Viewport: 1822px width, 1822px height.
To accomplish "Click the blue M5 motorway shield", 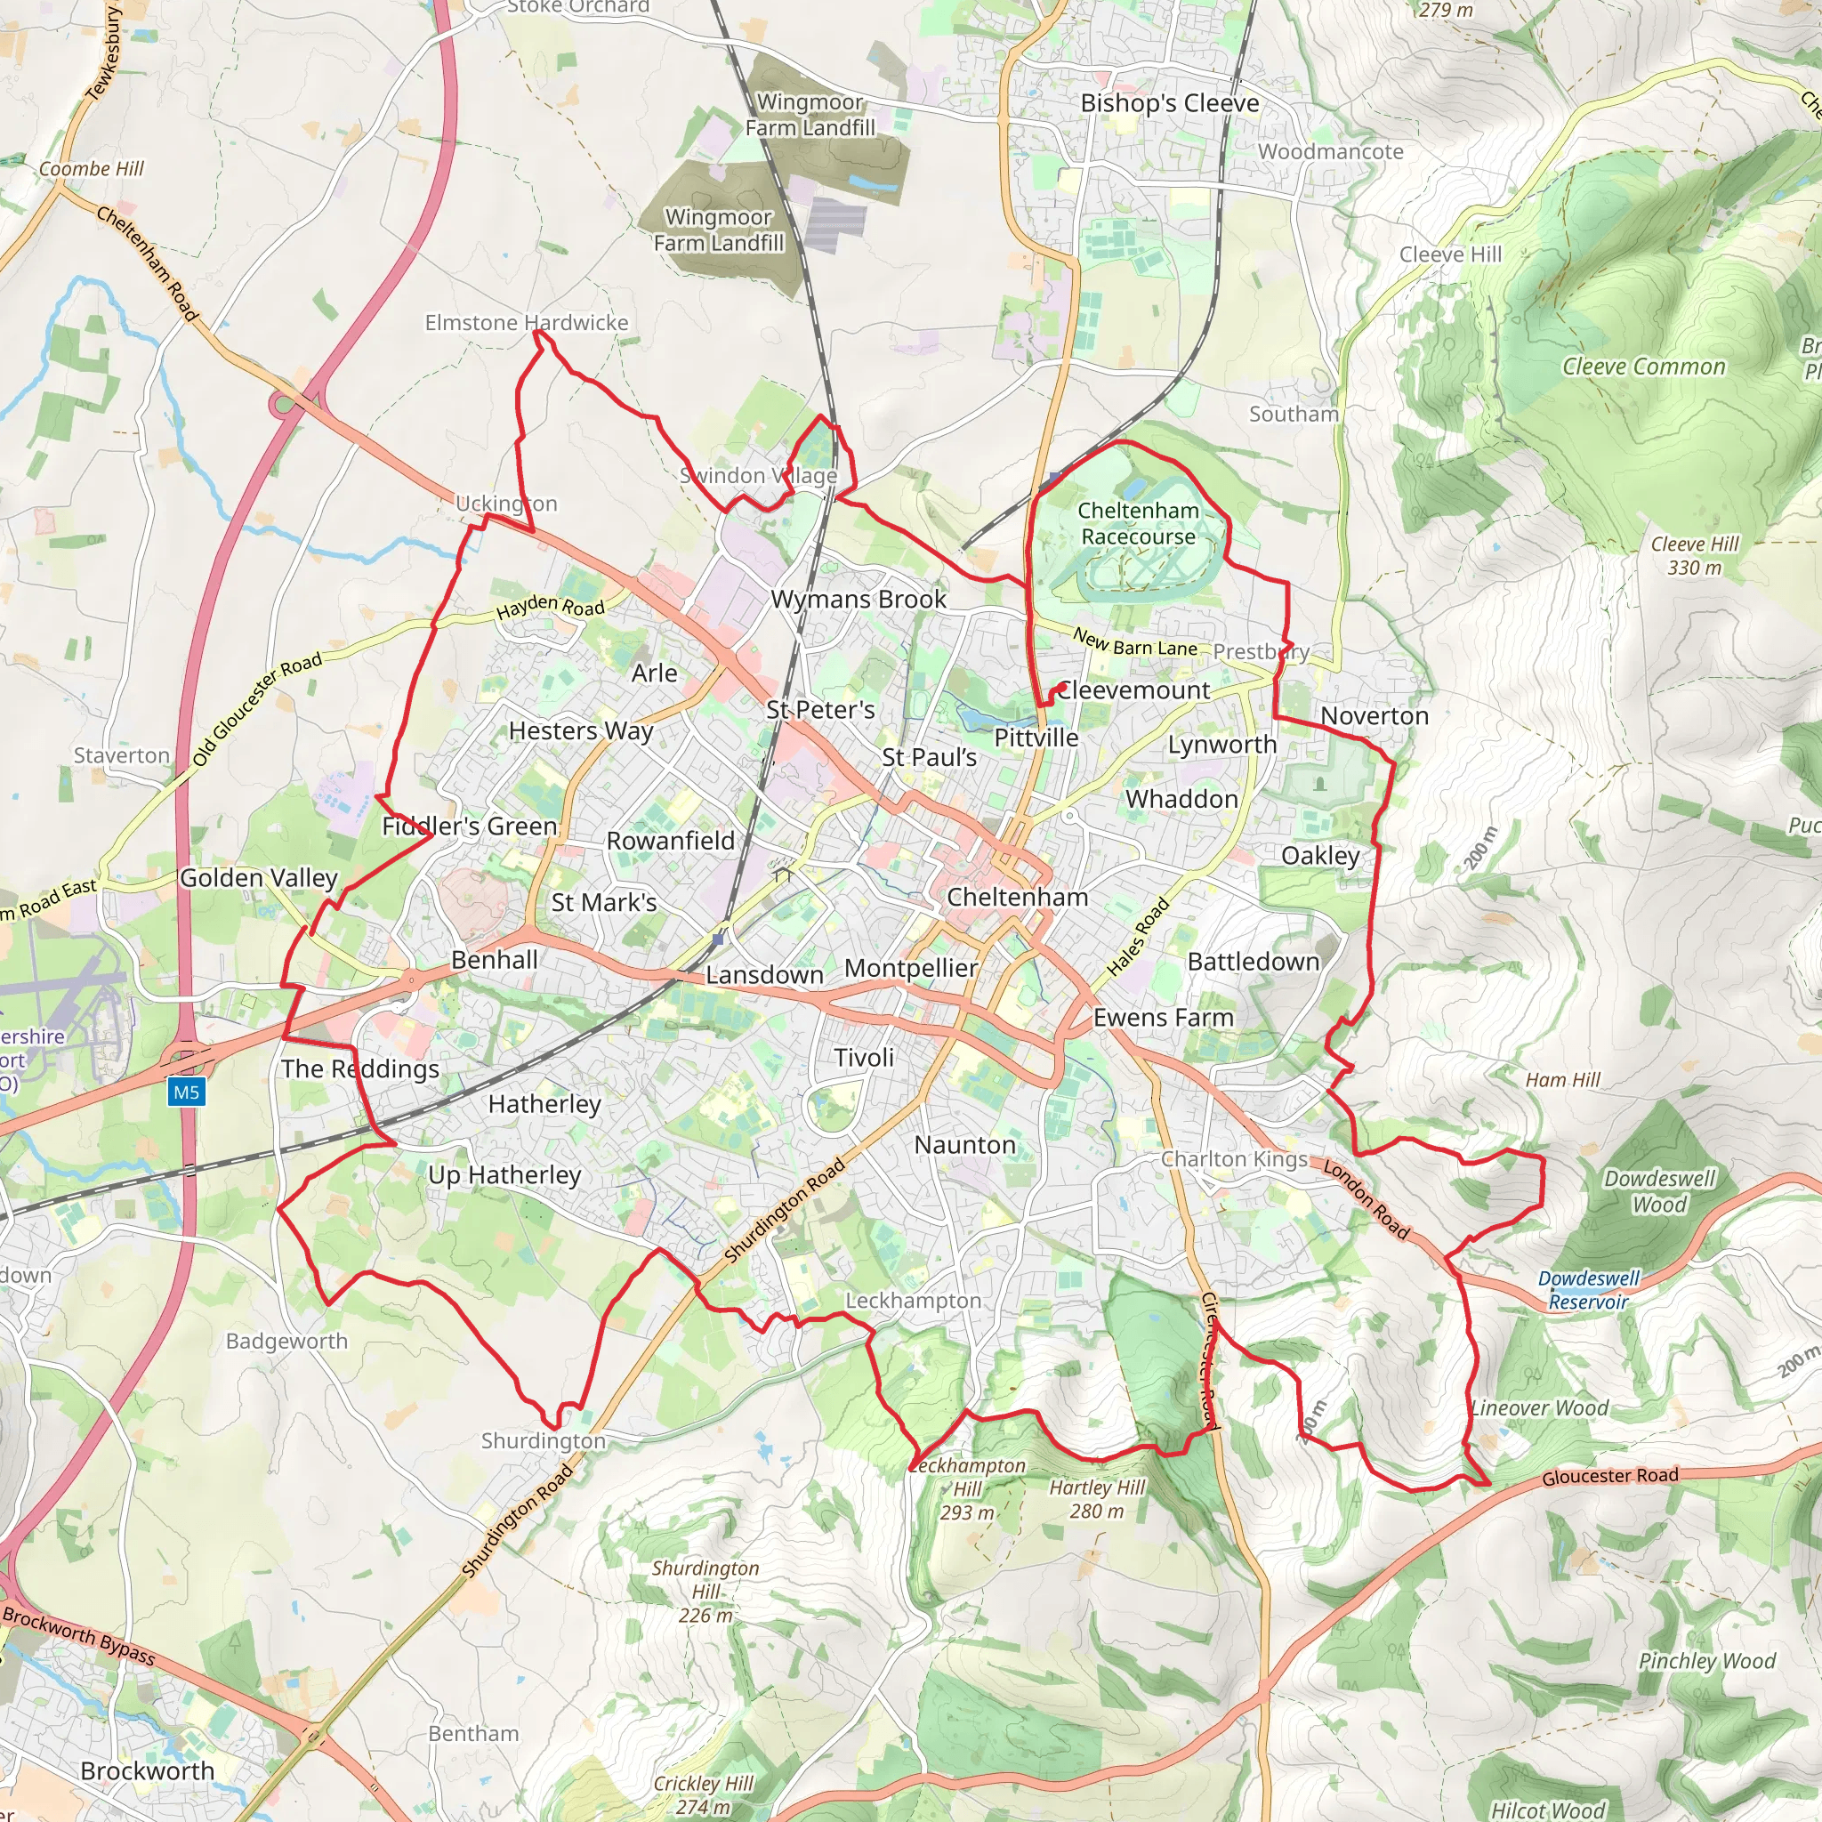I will (186, 1092).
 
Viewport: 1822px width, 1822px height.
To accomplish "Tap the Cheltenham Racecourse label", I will (1138, 523).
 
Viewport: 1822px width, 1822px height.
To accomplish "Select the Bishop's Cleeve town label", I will (1169, 104).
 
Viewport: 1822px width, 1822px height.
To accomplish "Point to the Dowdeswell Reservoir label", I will (1589, 1290).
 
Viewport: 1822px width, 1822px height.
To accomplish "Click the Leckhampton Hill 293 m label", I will (968, 1489).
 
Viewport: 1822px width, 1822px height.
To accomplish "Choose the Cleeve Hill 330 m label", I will (1695, 555).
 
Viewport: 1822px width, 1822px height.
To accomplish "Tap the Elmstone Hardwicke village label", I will (527, 323).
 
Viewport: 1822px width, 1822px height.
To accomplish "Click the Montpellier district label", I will (911, 969).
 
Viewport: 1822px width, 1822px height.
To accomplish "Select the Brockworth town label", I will (147, 1771).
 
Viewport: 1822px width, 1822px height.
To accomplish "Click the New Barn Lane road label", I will (1135, 643).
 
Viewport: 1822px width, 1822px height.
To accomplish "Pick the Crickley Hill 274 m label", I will (704, 1794).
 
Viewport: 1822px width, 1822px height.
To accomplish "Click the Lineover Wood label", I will (1540, 1408).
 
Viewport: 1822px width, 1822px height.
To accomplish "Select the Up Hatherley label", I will (504, 1175).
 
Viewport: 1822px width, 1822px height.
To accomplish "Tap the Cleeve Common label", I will (1644, 367).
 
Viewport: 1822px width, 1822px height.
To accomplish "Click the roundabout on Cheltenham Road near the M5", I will (283, 406).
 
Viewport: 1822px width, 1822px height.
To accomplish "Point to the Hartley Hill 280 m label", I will (1097, 1498).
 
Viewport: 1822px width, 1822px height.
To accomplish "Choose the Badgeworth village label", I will (286, 1341).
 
